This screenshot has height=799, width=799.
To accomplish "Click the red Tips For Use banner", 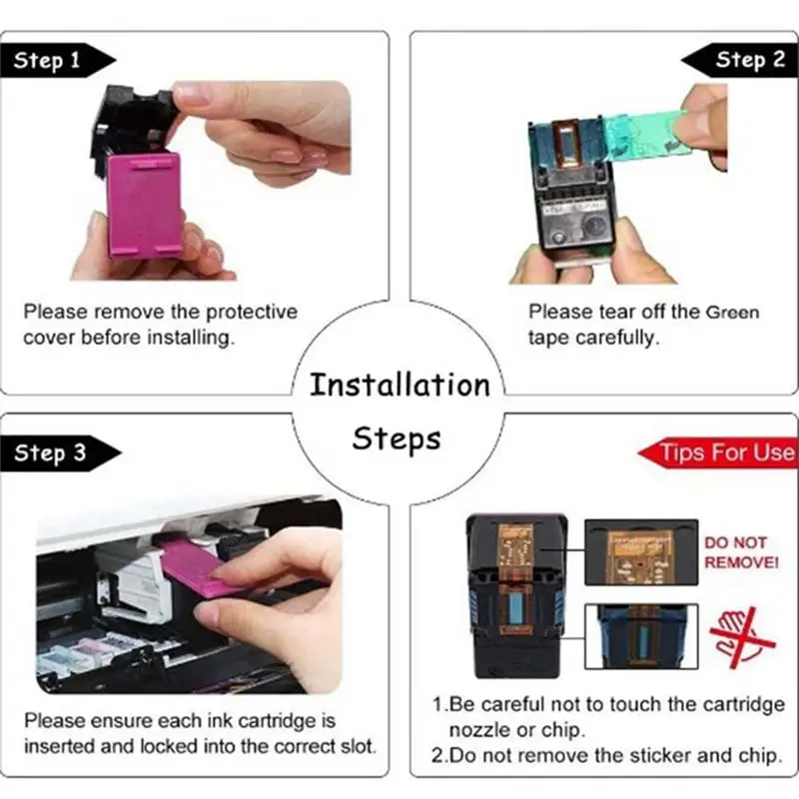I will (725, 452).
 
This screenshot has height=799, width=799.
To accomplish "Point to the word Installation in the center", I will (399, 385).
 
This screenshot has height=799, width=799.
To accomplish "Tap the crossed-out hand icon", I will (742, 635).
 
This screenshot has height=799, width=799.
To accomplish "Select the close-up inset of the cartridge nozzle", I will (639, 635).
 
